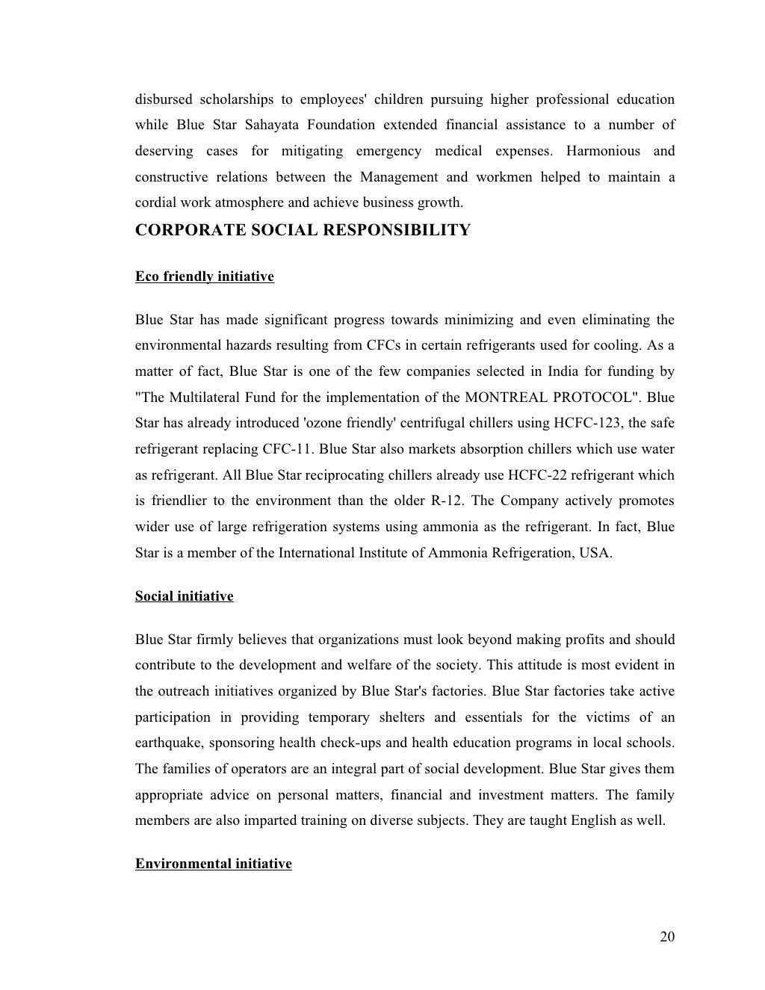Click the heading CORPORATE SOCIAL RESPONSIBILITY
tap(303, 230)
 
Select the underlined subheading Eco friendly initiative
tap(204, 276)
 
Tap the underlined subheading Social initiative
tap(184, 596)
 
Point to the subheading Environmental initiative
tap(213, 864)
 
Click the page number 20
tap(667, 937)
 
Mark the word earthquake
tap(168, 743)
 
